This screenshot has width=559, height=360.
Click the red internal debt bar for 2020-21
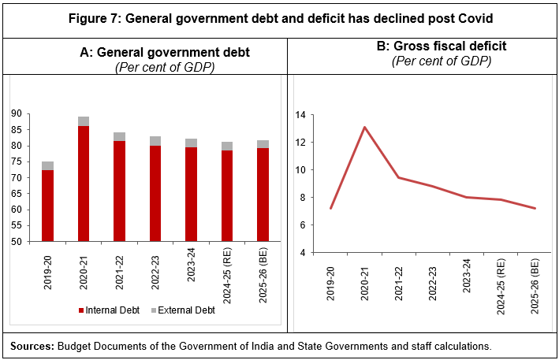pyautogui.click(x=84, y=184)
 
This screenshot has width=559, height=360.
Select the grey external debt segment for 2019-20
pyautogui.click(x=47, y=165)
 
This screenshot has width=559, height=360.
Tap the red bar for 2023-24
pyautogui.click(x=192, y=194)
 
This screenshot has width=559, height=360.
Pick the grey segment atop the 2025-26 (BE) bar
pyautogui.click(x=263, y=144)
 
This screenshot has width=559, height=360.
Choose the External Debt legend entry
pyautogui.click(x=181, y=310)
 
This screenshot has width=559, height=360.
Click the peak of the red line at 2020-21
pyautogui.click(x=365, y=127)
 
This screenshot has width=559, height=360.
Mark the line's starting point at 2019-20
pyautogui.click(x=330, y=209)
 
